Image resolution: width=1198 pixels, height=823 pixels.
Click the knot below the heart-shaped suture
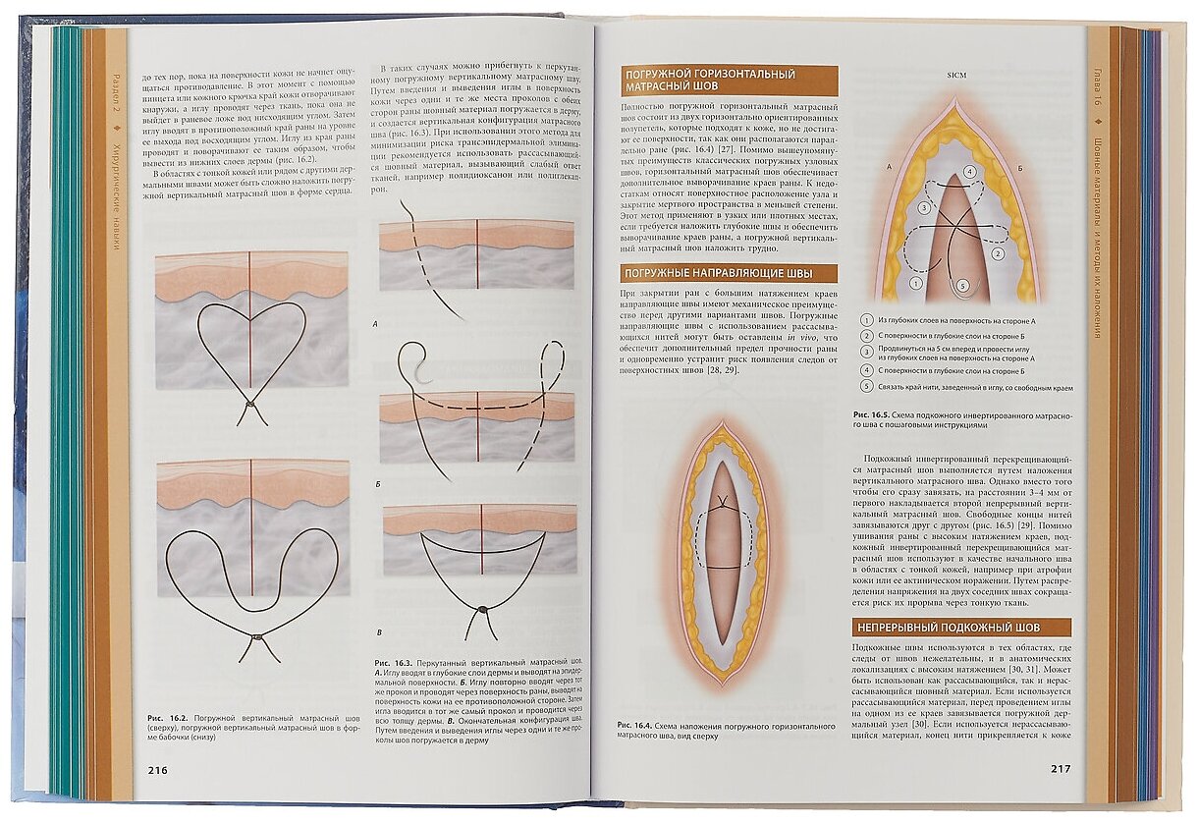coord(251,404)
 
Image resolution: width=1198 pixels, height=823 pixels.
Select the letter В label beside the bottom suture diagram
coord(379,632)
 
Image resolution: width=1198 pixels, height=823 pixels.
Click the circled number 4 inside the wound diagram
coord(969,172)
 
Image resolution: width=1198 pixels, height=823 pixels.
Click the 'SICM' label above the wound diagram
coord(957,76)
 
